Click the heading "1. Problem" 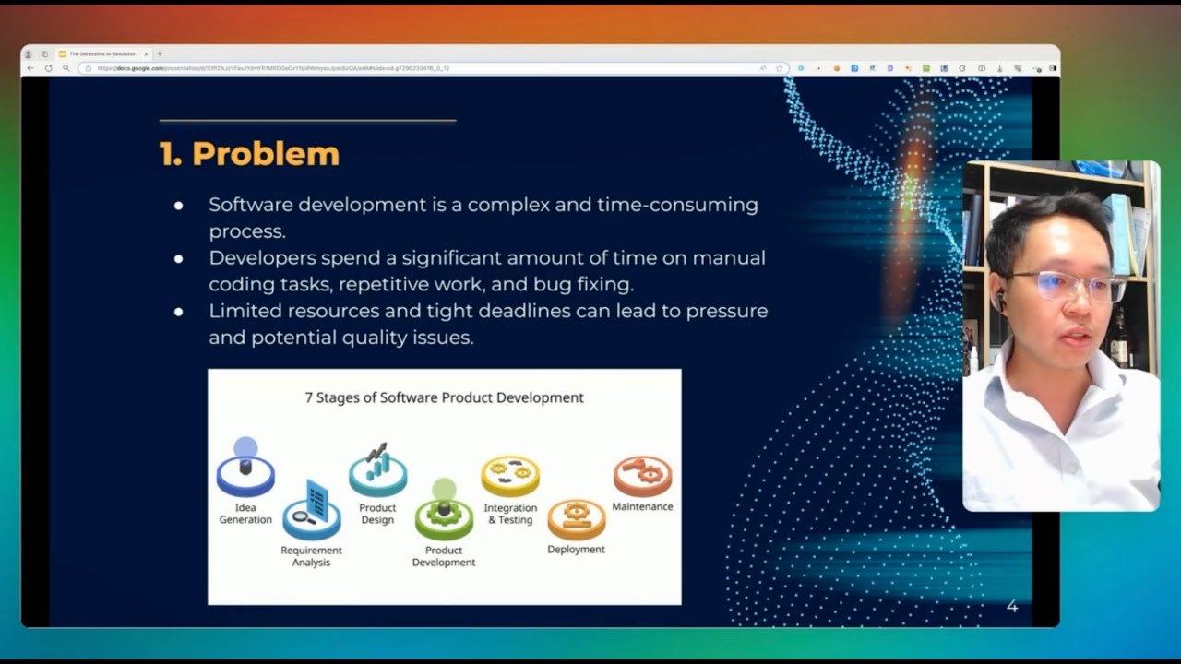[249, 154]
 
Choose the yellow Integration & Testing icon [510, 474]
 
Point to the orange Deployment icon [577, 518]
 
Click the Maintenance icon [642, 474]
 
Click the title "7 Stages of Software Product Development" [444, 397]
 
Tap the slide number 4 [1012, 606]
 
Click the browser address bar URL [277, 68]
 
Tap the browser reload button [49, 68]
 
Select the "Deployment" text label [576, 550]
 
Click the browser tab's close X [146, 54]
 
